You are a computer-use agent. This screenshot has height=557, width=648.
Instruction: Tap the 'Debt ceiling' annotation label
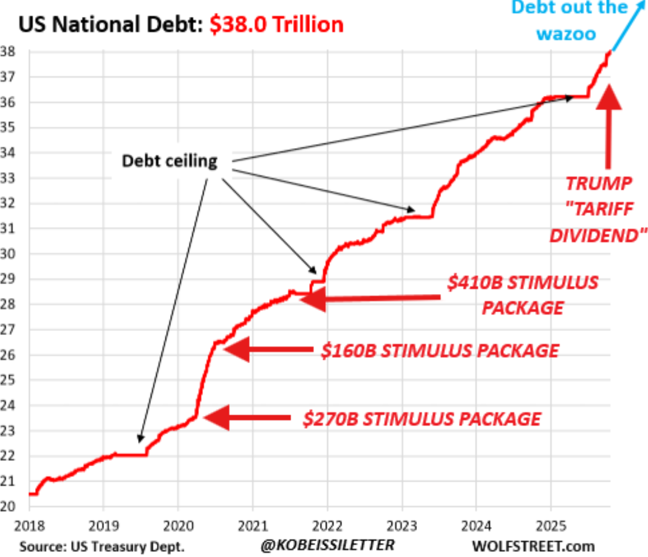[x=169, y=160]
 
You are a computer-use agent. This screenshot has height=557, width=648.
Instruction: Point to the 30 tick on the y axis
[x=12, y=254]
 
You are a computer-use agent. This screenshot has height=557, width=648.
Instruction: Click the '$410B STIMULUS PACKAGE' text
[x=522, y=295]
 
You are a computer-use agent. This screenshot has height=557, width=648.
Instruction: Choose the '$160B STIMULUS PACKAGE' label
[x=440, y=350]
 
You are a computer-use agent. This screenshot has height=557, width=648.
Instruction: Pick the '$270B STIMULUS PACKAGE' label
[x=421, y=419]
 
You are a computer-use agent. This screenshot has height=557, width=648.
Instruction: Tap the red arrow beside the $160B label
[x=267, y=350]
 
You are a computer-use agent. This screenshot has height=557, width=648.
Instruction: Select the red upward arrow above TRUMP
[x=608, y=126]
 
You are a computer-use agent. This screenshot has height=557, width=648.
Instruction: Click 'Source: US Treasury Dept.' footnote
[x=102, y=546]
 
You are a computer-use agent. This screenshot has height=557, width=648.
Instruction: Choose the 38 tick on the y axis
[x=12, y=52]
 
